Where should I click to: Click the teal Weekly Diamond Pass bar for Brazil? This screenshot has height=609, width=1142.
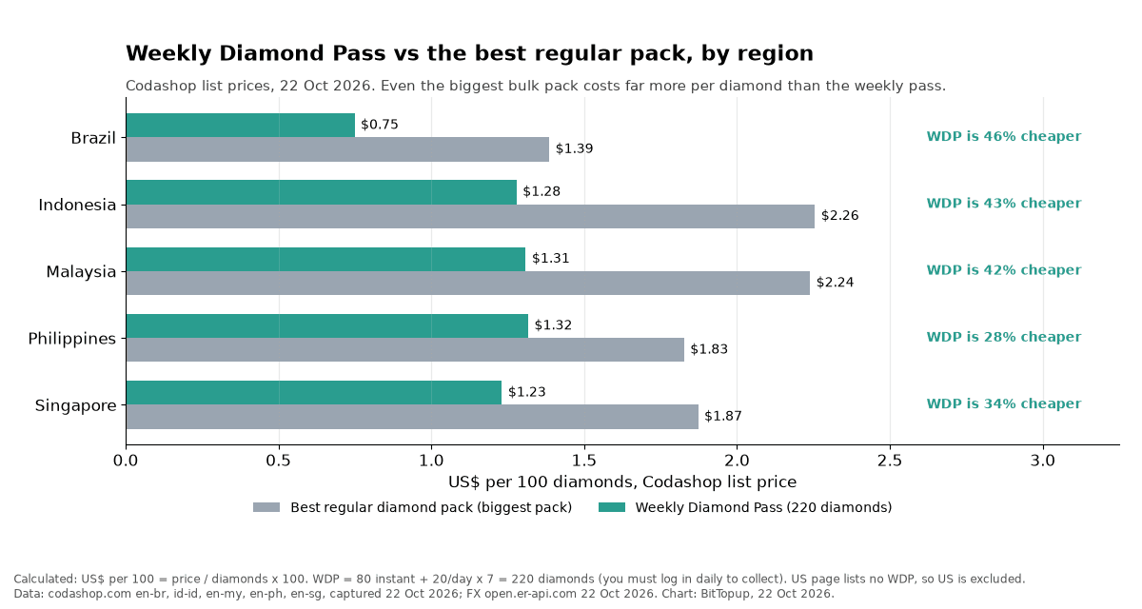pyautogui.click(x=241, y=125)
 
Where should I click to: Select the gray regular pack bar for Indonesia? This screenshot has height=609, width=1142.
pyautogui.click(x=470, y=217)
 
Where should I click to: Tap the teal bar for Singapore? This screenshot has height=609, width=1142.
pyautogui.click(x=314, y=392)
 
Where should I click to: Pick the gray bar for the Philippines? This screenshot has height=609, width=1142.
pyautogui.click(x=405, y=349)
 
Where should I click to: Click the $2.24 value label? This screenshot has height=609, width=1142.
pyautogui.click(x=836, y=283)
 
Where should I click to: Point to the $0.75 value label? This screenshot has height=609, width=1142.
pyautogui.click(x=380, y=125)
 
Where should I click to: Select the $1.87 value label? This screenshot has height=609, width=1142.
pyautogui.click(x=723, y=417)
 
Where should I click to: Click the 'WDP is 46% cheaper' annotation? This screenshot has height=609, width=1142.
pyautogui.click(x=1004, y=137)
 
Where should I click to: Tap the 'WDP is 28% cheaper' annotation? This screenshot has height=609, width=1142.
pyautogui.click(x=1004, y=337)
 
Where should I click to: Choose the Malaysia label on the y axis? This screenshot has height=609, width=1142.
pyautogui.click(x=81, y=271)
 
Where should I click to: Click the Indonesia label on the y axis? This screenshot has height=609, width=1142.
pyautogui.click(x=77, y=205)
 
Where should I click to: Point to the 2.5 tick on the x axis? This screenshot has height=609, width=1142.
pyautogui.click(x=890, y=461)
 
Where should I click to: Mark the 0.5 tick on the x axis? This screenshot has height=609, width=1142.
pyautogui.click(x=278, y=461)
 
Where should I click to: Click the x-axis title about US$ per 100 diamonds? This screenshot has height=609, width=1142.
pyautogui.click(x=622, y=482)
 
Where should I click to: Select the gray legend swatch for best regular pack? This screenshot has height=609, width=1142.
pyautogui.click(x=266, y=507)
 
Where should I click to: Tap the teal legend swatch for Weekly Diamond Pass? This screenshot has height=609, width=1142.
pyautogui.click(x=612, y=507)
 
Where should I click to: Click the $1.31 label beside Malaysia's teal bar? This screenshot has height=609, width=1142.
pyautogui.click(x=551, y=259)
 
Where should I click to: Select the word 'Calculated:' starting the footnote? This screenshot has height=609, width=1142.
pyautogui.click(x=45, y=580)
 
